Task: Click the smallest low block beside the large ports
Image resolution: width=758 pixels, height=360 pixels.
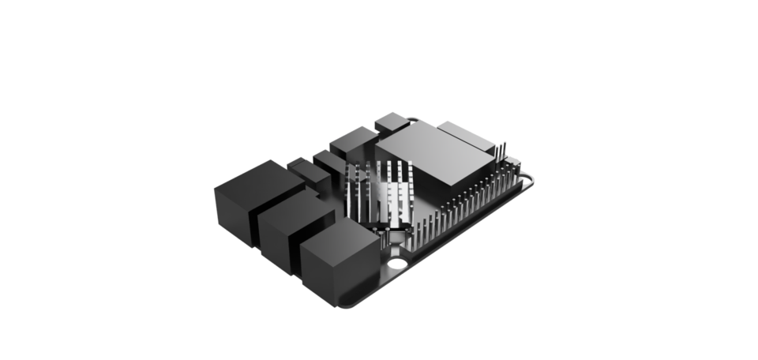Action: coord(302,167)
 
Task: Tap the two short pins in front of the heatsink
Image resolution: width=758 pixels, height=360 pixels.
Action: coord(378,231)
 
